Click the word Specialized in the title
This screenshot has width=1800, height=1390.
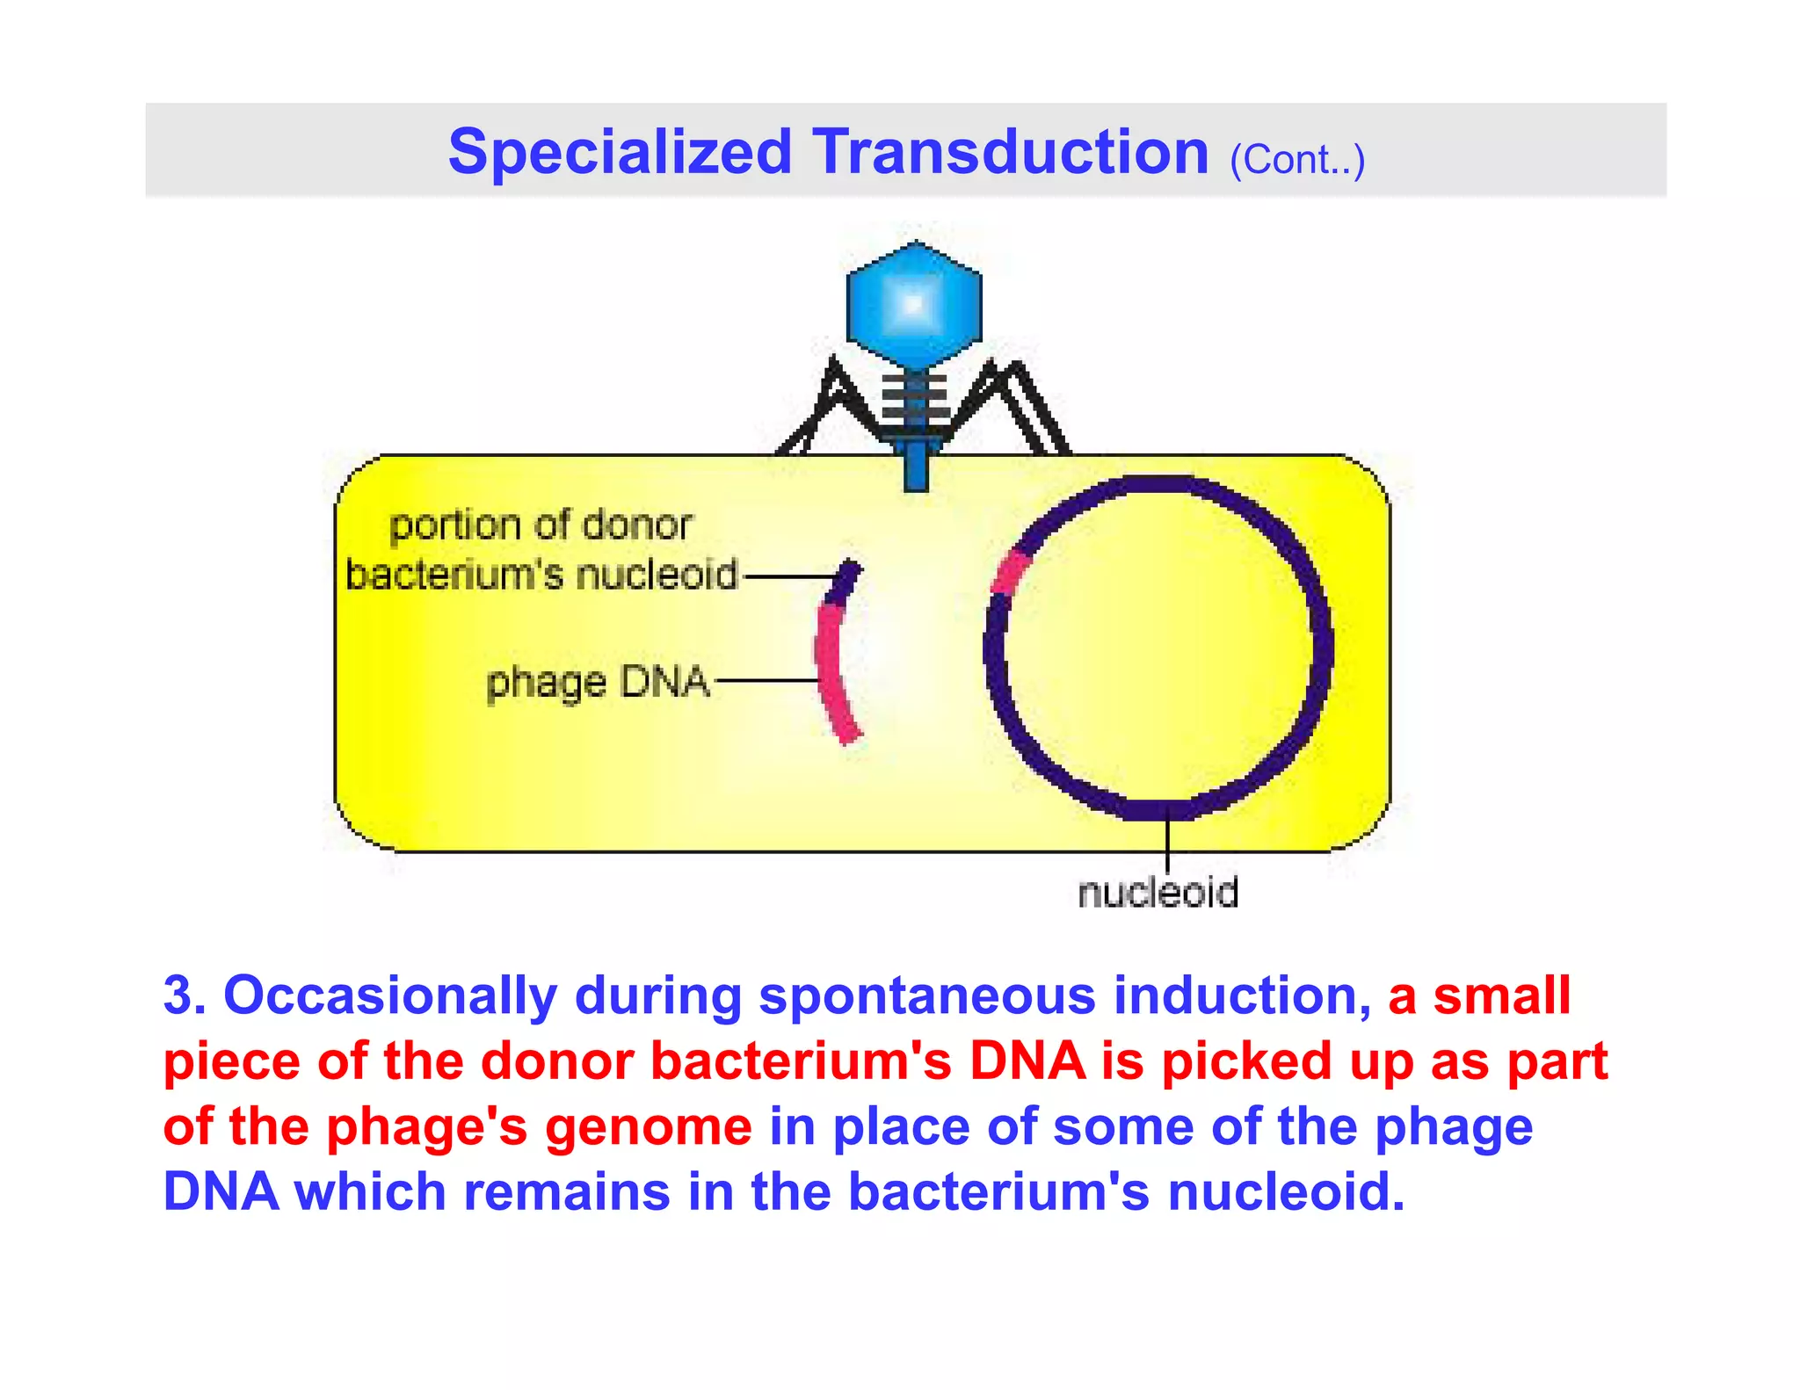coord(620,153)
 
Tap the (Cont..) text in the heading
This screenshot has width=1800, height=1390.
coord(1296,160)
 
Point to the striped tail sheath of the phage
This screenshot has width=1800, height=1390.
coord(915,400)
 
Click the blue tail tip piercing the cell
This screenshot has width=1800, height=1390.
coord(916,466)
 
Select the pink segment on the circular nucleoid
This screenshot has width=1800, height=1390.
coord(1010,573)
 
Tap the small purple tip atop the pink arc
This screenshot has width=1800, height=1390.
coord(846,581)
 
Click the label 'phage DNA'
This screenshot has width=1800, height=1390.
coord(598,683)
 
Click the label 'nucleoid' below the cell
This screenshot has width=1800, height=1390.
coord(1158,893)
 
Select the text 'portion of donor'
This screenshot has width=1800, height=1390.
coord(541,525)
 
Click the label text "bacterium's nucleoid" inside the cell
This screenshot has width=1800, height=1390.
coord(541,576)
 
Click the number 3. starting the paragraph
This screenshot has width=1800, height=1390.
coord(185,996)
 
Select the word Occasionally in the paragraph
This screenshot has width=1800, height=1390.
coord(390,996)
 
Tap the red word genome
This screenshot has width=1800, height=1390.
coord(649,1127)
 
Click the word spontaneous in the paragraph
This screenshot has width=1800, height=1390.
coord(927,996)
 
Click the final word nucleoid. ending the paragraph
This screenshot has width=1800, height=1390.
coord(1286,1192)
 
